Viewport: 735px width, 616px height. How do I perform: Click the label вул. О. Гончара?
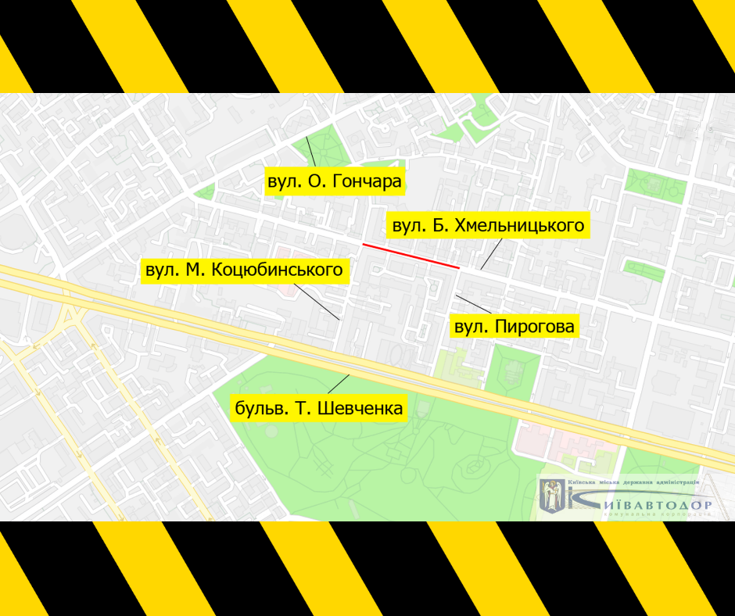(334, 182)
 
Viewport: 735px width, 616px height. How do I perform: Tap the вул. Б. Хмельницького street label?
(488, 226)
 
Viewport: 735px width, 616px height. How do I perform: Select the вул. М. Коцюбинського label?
(244, 270)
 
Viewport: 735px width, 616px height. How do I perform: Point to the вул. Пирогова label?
(514, 326)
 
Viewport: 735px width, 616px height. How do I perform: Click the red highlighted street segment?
(411, 256)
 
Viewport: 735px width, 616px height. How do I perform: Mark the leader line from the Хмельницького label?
(491, 254)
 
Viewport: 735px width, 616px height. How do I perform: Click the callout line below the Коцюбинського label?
(320, 302)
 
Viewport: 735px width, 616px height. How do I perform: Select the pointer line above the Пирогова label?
(474, 305)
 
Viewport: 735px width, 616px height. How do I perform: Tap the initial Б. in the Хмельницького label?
(440, 226)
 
